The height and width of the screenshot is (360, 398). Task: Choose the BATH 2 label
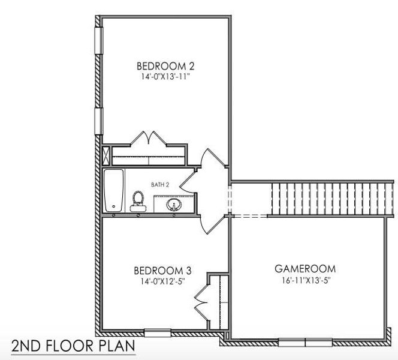pyautogui.click(x=159, y=185)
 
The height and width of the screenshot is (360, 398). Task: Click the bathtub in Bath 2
pyautogui.click(x=113, y=190)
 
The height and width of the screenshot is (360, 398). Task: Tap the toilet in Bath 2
pyautogui.click(x=138, y=200)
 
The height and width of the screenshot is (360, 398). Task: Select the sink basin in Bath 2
pyautogui.click(x=174, y=205)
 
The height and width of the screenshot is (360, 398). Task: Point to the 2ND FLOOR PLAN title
pyautogui.click(x=72, y=346)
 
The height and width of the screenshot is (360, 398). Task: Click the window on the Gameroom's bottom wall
pyautogui.click(x=306, y=343)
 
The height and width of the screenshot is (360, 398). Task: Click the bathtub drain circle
pyautogui.click(x=114, y=208)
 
